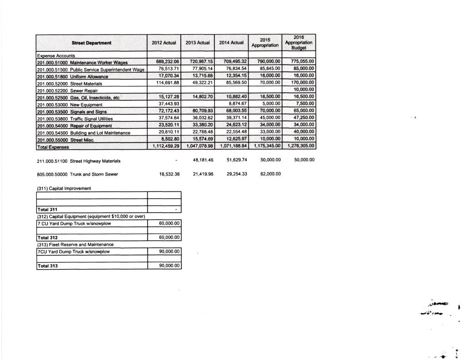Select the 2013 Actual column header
coord(198,43)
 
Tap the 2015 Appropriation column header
coord(265,43)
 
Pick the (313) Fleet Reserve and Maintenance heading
coord(75,245)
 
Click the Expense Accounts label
coord(56,55)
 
